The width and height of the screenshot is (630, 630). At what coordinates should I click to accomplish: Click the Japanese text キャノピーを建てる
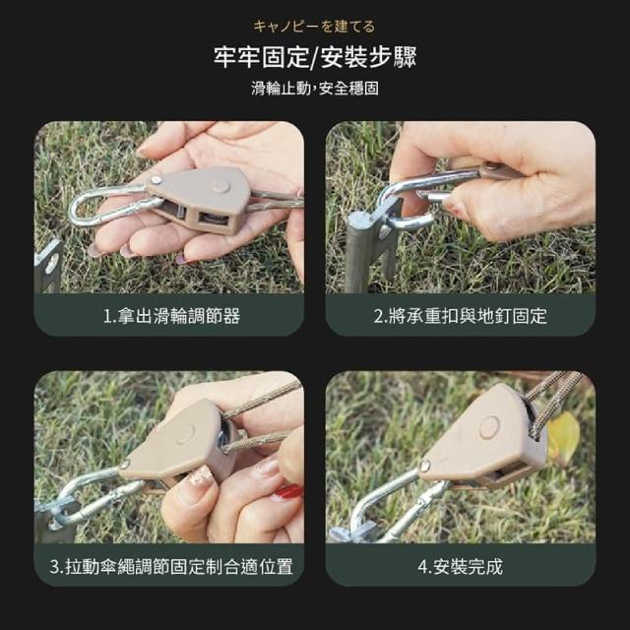point(314,27)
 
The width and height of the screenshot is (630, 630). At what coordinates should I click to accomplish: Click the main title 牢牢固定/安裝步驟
point(315,57)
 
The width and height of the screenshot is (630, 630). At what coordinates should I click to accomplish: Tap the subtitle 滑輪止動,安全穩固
point(315,88)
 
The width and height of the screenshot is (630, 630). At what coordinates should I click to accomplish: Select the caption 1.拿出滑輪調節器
point(171,316)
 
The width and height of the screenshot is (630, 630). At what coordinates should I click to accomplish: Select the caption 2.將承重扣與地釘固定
point(461,316)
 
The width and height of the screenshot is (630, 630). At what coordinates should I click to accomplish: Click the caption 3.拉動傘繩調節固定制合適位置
point(171,567)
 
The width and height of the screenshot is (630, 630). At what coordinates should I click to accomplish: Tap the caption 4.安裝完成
point(461,567)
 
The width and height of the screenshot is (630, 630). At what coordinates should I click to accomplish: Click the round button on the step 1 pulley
point(220,186)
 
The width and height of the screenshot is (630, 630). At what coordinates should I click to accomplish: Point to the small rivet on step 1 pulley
point(156,180)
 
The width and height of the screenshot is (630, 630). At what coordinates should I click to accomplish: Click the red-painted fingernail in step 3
point(288,491)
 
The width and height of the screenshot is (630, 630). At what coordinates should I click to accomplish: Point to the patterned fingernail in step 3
point(201,476)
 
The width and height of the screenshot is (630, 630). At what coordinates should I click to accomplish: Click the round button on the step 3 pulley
point(186,434)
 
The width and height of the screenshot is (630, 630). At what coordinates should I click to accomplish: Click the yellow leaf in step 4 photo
point(564,436)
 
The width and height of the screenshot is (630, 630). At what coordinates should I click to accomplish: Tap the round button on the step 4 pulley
point(490,426)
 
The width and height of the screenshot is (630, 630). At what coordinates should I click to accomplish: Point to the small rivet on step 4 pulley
point(424,466)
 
